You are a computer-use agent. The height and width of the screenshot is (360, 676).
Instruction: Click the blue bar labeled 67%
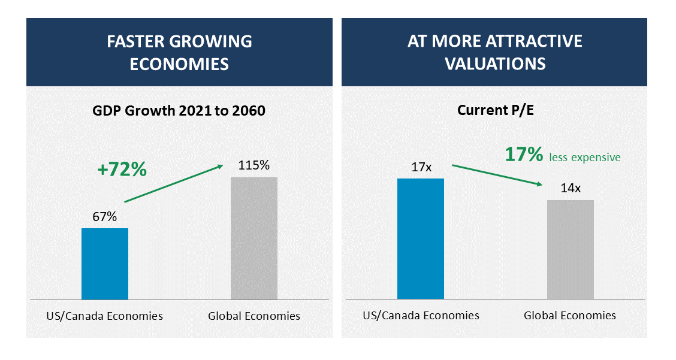105,264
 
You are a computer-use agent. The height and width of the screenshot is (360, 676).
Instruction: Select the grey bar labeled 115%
254,238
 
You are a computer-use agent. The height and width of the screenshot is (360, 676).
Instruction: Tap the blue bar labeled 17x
421,238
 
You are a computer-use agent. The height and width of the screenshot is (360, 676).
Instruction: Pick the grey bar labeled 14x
571,249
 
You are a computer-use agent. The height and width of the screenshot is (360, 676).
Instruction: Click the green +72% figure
122,170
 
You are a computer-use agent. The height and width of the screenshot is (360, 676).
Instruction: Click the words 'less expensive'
585,158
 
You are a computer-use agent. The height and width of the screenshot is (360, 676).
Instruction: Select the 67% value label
104,217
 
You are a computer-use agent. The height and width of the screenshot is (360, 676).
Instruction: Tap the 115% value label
254,165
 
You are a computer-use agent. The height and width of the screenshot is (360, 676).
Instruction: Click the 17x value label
421,167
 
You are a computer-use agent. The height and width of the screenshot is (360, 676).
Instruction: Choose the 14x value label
571,188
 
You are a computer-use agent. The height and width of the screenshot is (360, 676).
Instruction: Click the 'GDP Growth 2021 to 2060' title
179,111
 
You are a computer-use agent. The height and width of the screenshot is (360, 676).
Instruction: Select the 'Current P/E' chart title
494,111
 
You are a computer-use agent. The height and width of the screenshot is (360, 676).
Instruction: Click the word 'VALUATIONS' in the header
495,63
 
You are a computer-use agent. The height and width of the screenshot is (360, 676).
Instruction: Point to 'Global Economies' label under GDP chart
254,316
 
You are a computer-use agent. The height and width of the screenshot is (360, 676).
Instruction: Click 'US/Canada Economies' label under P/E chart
421,315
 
